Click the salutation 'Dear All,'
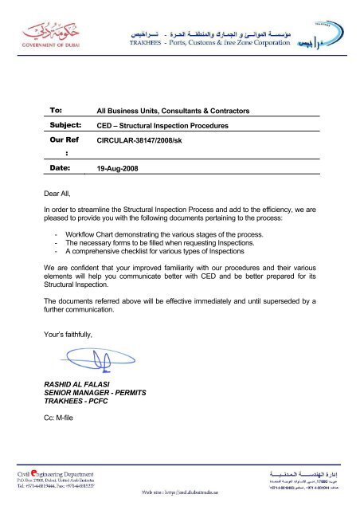point(61,192)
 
